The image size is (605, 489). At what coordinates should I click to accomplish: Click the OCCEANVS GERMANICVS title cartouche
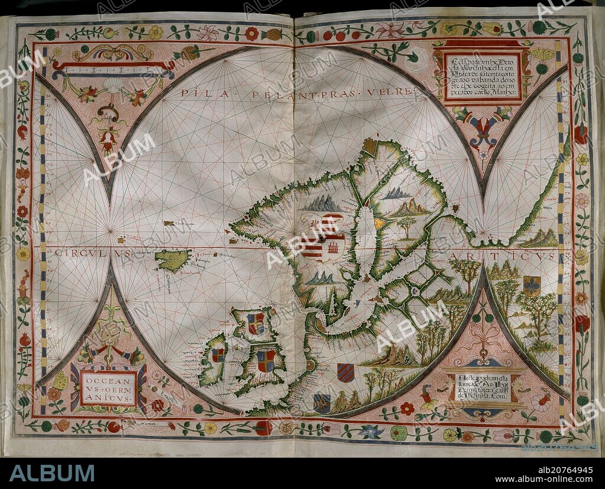tap(108, 388)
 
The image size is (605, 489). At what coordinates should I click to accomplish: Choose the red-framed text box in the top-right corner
tap(483, 76)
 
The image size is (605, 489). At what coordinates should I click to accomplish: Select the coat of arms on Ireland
tap(218, 355)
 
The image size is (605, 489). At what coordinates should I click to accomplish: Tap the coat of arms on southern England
tap(266, 361)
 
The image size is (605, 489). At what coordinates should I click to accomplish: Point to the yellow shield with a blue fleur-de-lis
tap(531, 285)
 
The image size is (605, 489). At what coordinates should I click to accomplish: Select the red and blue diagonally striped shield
tap(346, 373)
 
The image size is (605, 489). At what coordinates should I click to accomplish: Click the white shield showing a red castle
tap(334, 247)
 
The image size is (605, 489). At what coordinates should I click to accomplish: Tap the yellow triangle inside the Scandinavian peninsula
tap(378, 223)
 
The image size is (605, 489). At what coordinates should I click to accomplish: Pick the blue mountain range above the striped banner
tap(322, 204)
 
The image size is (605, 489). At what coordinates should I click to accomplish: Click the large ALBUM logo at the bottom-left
tap(52, 472)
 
